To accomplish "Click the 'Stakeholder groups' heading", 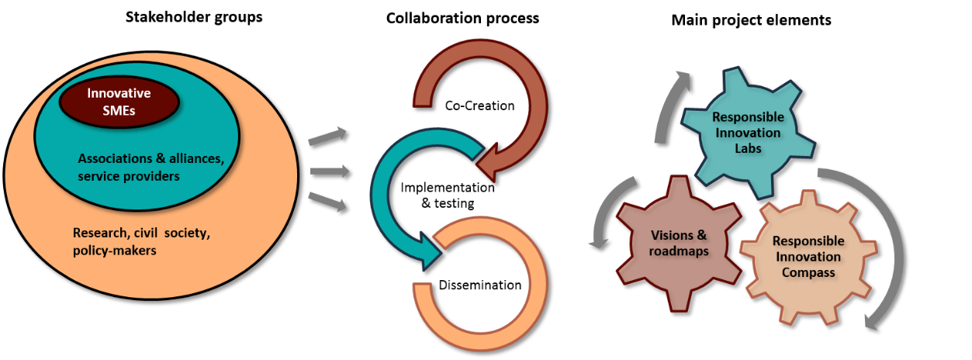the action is coord(194,17).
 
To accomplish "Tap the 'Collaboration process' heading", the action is coord(462,19).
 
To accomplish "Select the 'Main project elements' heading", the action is coord(751,20).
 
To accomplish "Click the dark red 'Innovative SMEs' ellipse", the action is coord(119,102).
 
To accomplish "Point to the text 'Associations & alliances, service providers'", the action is coord(151,167).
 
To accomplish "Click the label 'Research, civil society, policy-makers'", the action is coord(141,241).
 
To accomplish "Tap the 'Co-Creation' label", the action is coord(479,106).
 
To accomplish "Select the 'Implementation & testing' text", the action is coord(448,196).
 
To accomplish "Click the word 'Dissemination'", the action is coord(480,285).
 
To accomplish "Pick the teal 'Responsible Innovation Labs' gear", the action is coord(748,133).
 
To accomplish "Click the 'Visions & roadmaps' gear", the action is coord(679,243).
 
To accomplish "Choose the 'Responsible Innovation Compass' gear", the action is coord(808,257).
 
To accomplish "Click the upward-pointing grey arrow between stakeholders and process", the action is coord(327,136).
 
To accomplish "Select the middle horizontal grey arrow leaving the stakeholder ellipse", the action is coord(330,171).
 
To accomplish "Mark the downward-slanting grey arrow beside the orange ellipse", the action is coord(328,202).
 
